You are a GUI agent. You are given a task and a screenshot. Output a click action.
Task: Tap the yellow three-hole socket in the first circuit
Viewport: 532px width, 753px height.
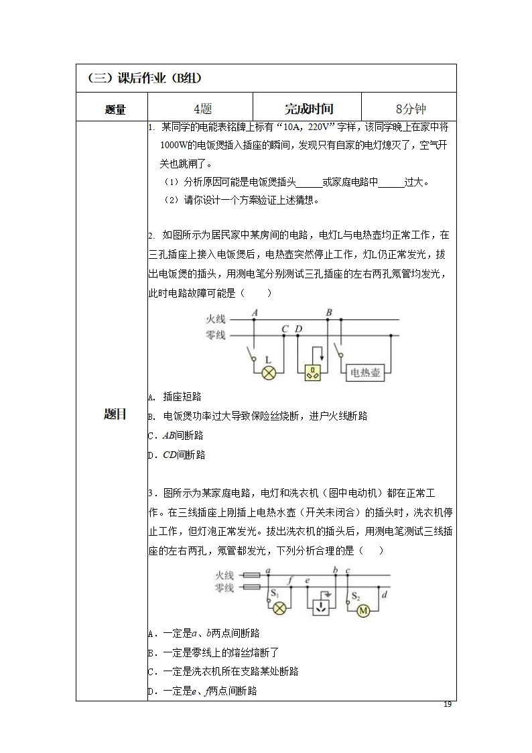(313, 373)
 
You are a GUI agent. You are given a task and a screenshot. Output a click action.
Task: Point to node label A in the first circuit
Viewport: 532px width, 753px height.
(254, 312)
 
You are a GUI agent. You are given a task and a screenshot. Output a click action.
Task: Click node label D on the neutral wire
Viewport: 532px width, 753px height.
(298, 329)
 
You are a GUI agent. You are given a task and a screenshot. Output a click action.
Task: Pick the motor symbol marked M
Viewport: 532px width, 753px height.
(364, 610)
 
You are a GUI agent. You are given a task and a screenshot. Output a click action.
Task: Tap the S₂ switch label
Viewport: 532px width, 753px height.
(356, 595)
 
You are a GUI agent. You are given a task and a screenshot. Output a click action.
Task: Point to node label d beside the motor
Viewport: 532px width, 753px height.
(383, 594)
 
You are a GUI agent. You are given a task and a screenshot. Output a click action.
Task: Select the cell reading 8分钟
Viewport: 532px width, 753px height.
(409, 109)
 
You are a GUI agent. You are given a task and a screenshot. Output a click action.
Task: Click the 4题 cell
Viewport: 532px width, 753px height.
(200, 109)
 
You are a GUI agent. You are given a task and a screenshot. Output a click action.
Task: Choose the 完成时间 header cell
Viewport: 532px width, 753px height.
(308, 109)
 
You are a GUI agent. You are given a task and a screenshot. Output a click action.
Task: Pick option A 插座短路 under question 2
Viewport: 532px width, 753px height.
(175, 397)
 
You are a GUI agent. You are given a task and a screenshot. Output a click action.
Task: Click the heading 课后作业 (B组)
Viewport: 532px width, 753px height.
(143, 78)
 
